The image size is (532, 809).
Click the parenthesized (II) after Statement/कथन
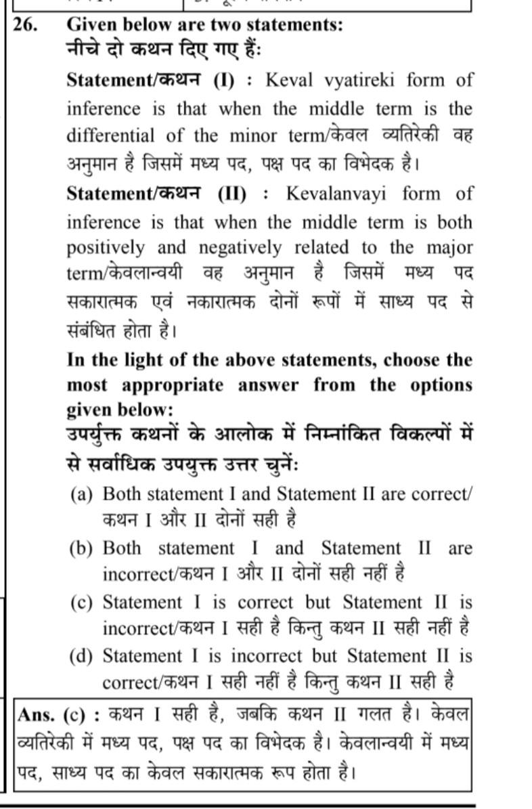(233, 194)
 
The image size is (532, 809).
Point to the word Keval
(290, 81)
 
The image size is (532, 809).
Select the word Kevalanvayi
(336, 194)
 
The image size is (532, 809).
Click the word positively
(106, 248)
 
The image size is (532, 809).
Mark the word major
(447, 248)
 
